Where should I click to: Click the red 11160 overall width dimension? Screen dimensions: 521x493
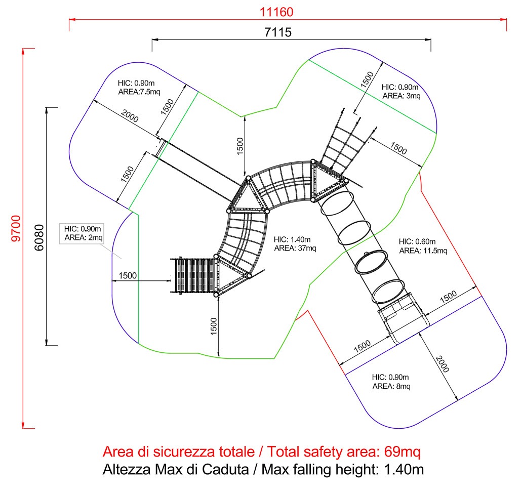click(276, 12)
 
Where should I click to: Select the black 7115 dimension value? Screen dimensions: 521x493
click(278, 32)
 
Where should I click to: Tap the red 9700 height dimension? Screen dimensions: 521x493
click(16, 228)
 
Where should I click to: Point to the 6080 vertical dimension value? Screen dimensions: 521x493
click(39, 237)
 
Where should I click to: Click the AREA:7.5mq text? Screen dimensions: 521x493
click(139, 92)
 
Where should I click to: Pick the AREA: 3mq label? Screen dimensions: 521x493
click(402, 96)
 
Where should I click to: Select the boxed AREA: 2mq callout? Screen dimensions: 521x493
click(84, 237)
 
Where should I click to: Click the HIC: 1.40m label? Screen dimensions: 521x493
click(292, 239)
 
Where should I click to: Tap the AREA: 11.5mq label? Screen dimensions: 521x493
click(423, 251)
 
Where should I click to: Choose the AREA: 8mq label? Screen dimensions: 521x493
click(391, 386)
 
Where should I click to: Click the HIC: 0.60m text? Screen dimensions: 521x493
click(417, 241)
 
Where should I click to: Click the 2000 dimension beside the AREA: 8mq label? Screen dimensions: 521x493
click(442, 364)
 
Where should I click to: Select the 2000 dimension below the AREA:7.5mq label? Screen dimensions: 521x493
click(130, 116)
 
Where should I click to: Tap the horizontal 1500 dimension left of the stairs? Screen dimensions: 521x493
click(128, 275)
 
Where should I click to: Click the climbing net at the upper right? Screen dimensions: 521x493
click(345, 146)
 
